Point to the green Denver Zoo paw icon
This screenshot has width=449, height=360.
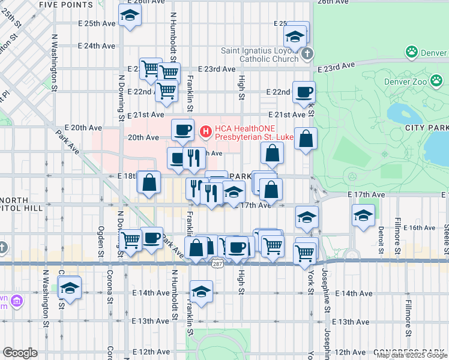point(412,52)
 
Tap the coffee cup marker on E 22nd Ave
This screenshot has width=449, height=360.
point(304,92)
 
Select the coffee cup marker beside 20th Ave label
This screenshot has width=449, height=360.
point(182,129)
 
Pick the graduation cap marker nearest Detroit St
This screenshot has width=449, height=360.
point(363,215)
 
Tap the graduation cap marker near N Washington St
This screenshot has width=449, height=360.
point(70,288)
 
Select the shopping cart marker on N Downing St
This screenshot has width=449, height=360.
point(130,239)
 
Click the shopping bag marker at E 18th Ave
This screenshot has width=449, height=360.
point(149,181)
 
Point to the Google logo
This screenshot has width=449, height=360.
point(20,353)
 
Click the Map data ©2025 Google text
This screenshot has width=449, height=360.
point(411,356)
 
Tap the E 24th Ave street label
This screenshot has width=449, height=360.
point(96,46)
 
